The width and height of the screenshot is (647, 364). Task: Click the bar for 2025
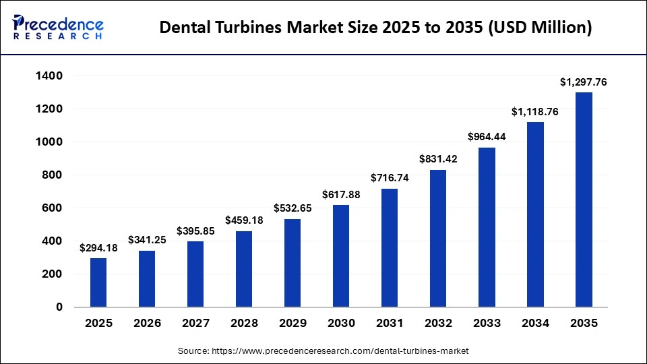[98, 282]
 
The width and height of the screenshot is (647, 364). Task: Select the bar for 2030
[340, 256]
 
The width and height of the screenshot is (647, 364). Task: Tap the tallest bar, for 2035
[584, 200]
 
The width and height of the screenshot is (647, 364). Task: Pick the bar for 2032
[438, 238]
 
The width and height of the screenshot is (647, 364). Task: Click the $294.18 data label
[98, 248]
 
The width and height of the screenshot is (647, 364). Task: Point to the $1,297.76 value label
[584, 82]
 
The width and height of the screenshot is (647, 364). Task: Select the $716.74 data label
[390, 179]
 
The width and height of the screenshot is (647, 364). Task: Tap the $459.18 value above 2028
[244, 220]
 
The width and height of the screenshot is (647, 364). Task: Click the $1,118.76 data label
[535, 112]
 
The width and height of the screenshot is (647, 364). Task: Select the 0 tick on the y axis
[59, 307]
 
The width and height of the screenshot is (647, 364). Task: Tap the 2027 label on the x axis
[195, 324]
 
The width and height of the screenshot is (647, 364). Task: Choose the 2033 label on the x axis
[487, 324]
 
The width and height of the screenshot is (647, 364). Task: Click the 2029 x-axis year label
[292, 324]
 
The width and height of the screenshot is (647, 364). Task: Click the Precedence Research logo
[58, 27]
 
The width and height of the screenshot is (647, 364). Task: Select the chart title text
[376, 28]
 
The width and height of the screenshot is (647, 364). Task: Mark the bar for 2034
[535, 214]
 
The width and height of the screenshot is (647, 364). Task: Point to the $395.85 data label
[195, 231]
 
